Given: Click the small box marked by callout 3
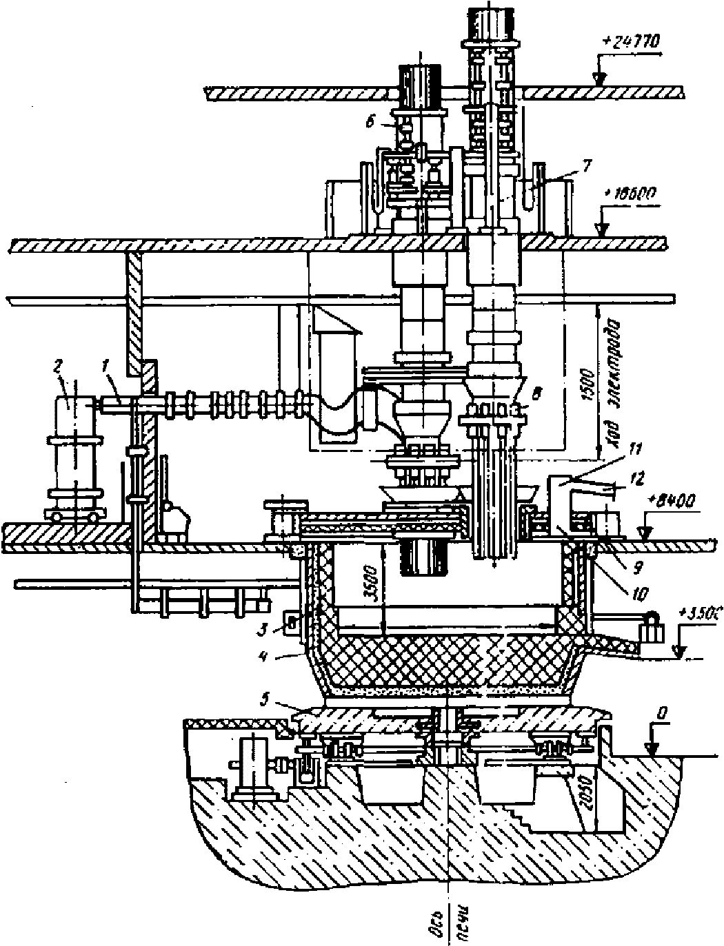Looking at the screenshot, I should point(292,621).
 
